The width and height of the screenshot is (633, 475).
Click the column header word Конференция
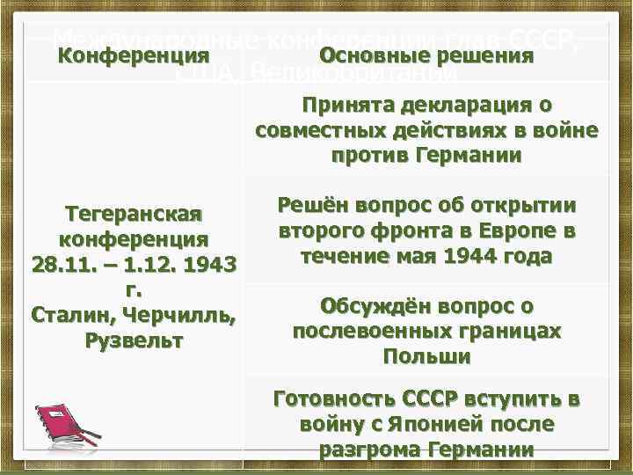(134, 56)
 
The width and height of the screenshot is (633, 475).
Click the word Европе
(521, 231)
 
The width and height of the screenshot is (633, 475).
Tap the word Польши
(427, 357)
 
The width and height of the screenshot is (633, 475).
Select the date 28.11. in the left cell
(63, 264)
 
